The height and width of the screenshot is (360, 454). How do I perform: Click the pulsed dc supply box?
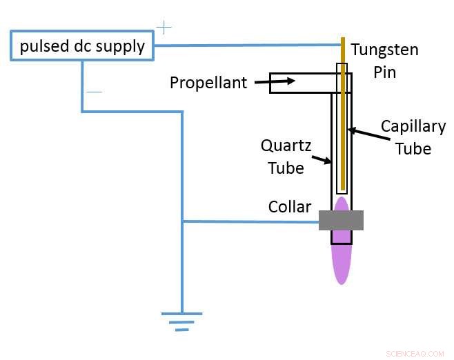(82, 46)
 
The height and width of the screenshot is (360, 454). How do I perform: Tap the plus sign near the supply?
(164, 28)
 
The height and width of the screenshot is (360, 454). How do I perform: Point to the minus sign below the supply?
(95, 92)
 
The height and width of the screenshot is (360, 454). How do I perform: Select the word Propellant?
(208, 83)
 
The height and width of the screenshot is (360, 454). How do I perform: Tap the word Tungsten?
(384, 50)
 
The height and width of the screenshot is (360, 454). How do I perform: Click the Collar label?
(290, 206)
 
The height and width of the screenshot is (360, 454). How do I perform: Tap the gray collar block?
(341, 220)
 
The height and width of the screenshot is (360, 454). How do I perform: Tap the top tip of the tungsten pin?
(342, 39)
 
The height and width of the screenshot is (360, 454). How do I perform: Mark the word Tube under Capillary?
(413, 148)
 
